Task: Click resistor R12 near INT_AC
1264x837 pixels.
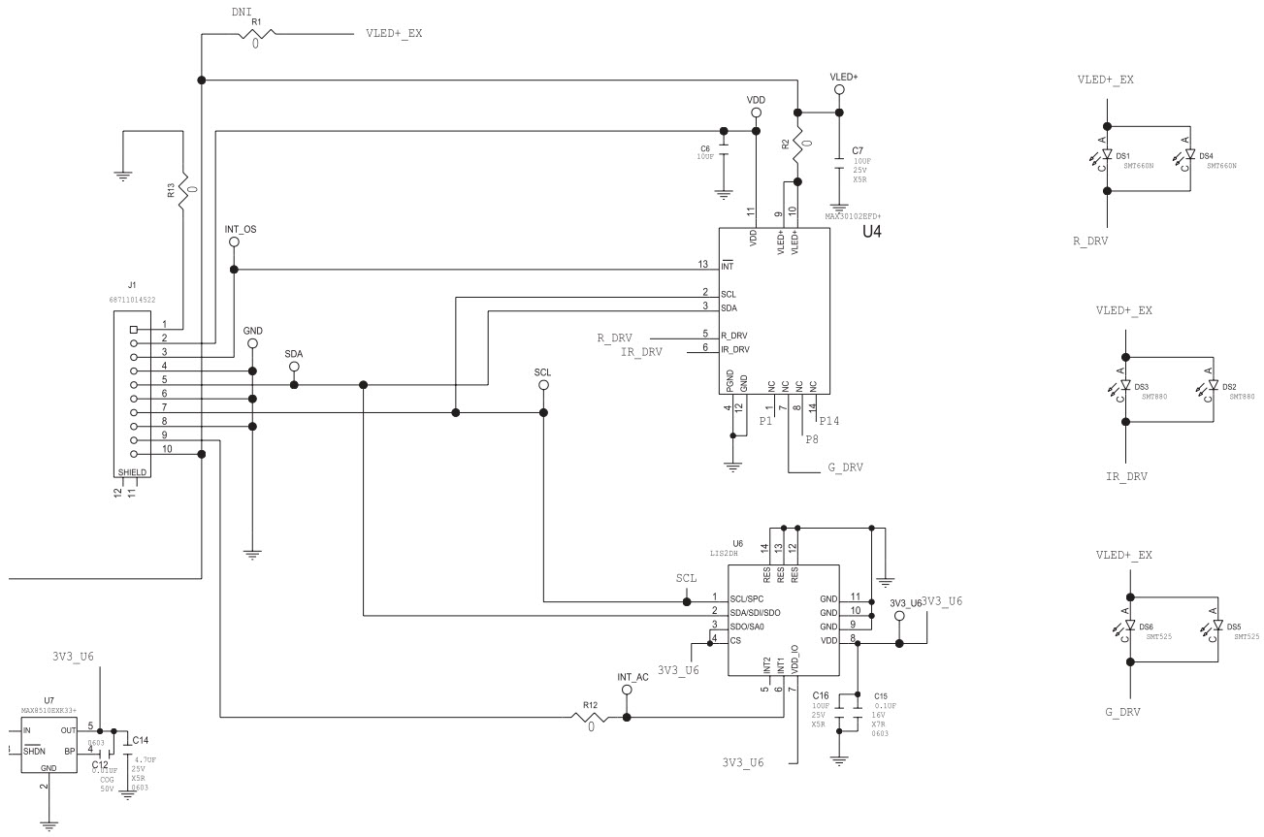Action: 590,718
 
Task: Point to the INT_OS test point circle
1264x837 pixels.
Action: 234,242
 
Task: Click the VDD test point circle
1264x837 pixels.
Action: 756,113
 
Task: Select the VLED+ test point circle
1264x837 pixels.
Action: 839,89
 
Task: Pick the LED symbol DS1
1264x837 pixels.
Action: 1108,154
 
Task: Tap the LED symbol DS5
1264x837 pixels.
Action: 1215,627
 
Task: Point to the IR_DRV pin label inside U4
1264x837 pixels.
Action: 734,349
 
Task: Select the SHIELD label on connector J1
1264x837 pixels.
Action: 132,472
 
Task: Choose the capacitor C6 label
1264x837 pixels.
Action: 705,149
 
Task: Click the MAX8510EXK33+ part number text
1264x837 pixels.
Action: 49,710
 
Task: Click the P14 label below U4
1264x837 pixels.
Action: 829,421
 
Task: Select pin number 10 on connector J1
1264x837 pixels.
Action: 167,449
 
